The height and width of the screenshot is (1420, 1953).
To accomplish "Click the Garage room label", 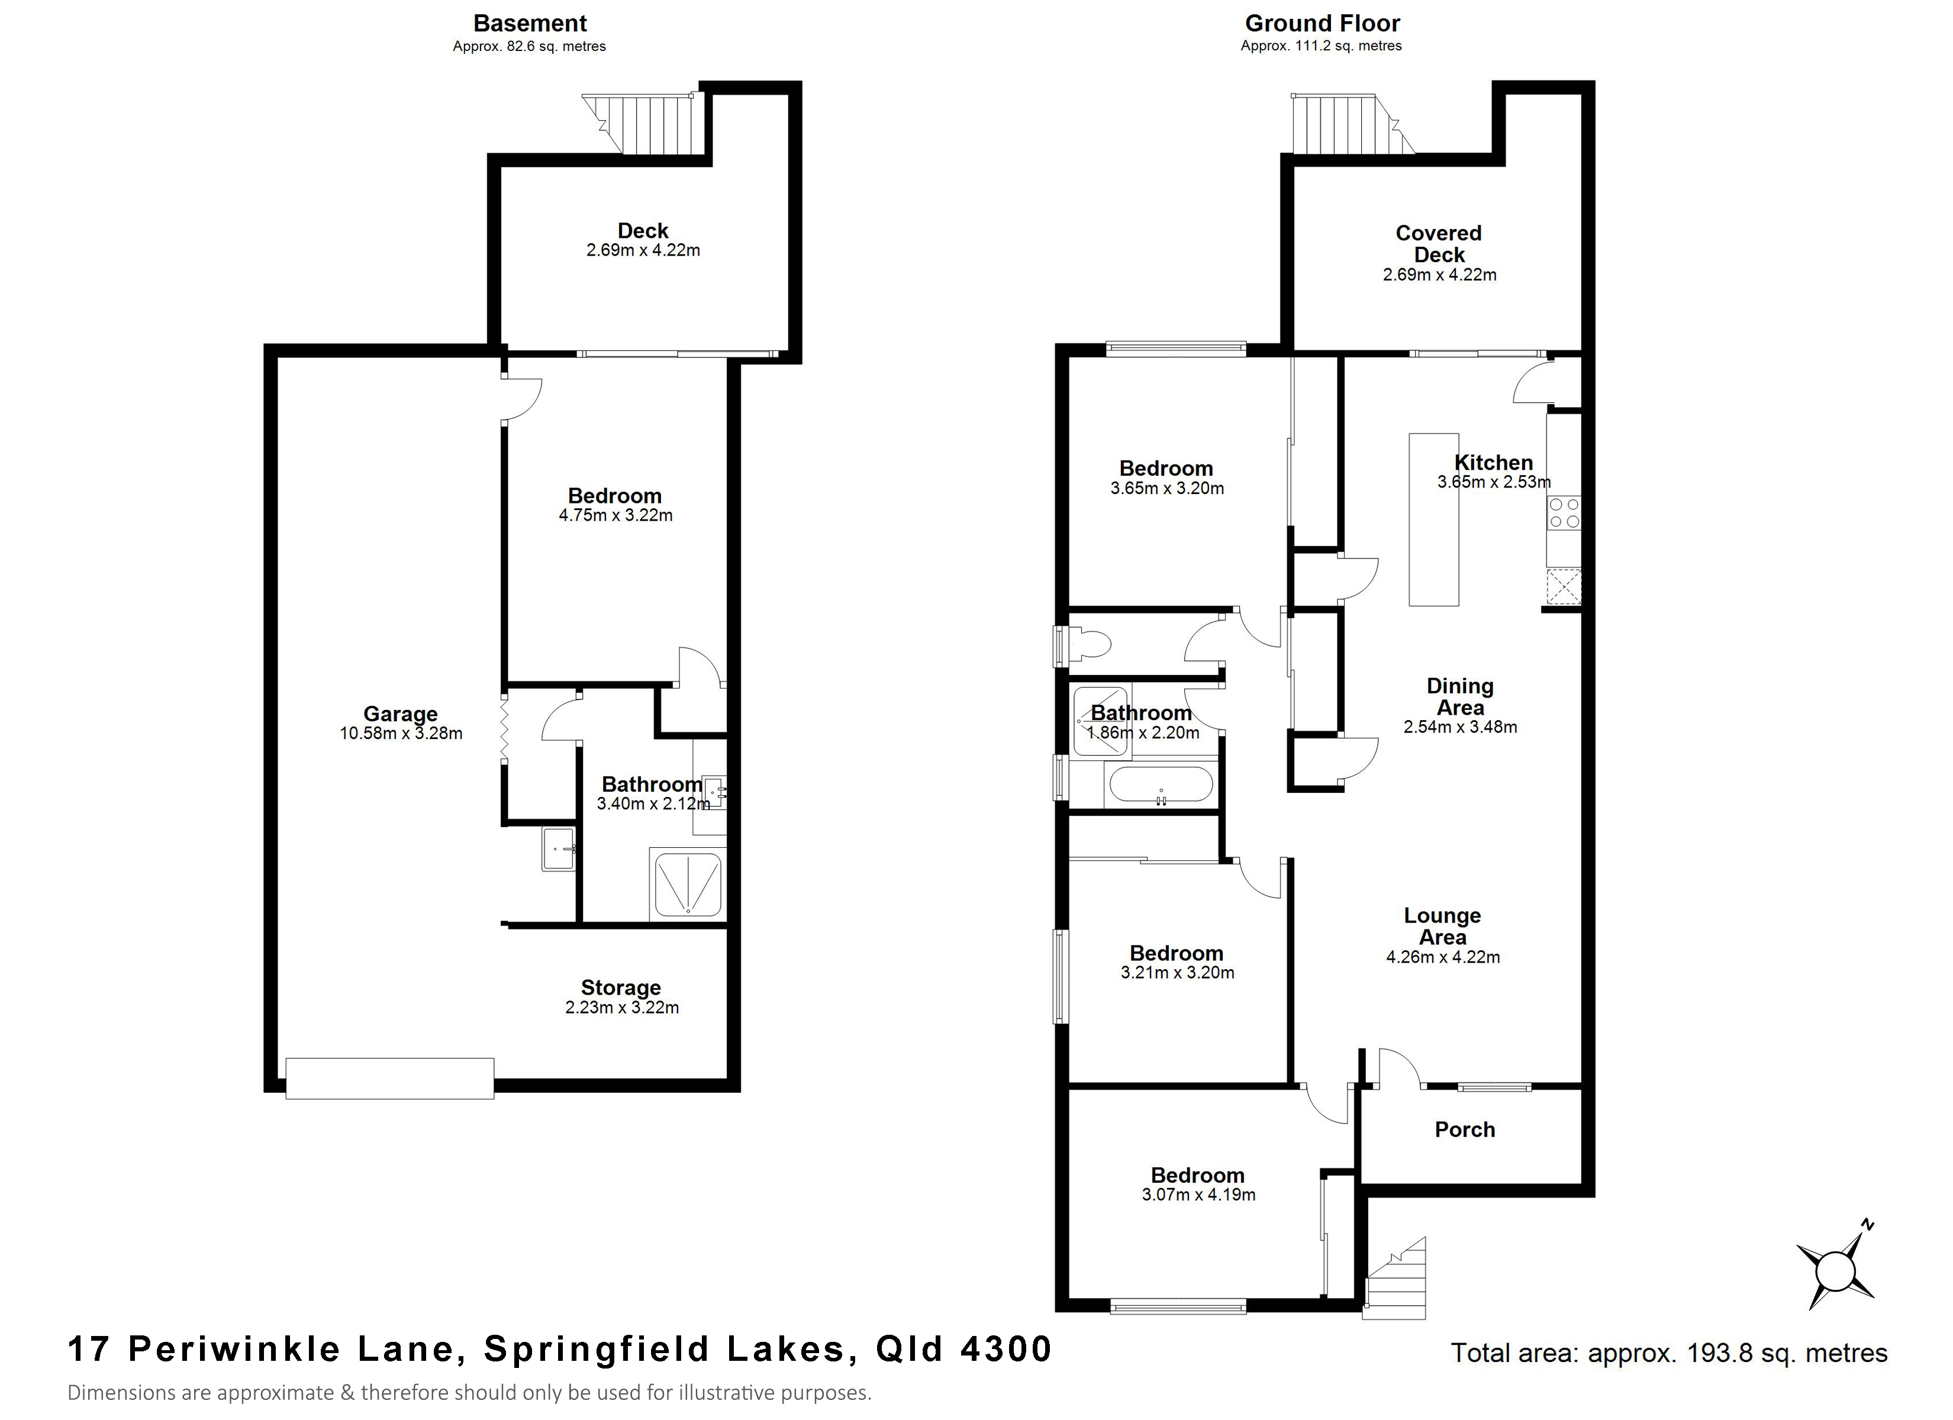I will coord(401,714).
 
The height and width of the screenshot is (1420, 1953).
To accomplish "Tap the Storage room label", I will coord(621,987).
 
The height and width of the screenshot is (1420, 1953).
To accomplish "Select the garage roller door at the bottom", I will coord(390,1078).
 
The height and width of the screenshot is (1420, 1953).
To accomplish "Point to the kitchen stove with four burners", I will coord(1564,513).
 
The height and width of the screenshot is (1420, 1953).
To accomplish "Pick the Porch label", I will coord(1465,1130).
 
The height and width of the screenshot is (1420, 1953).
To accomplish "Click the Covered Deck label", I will coord(1439,244).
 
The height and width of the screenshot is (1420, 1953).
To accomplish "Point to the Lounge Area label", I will coord(1442,927).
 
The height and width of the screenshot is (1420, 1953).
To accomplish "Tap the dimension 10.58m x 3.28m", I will coord(401,734).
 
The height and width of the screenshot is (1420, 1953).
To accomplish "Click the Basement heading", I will coord(530,23).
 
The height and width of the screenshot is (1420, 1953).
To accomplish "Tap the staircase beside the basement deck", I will coord(646,123).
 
